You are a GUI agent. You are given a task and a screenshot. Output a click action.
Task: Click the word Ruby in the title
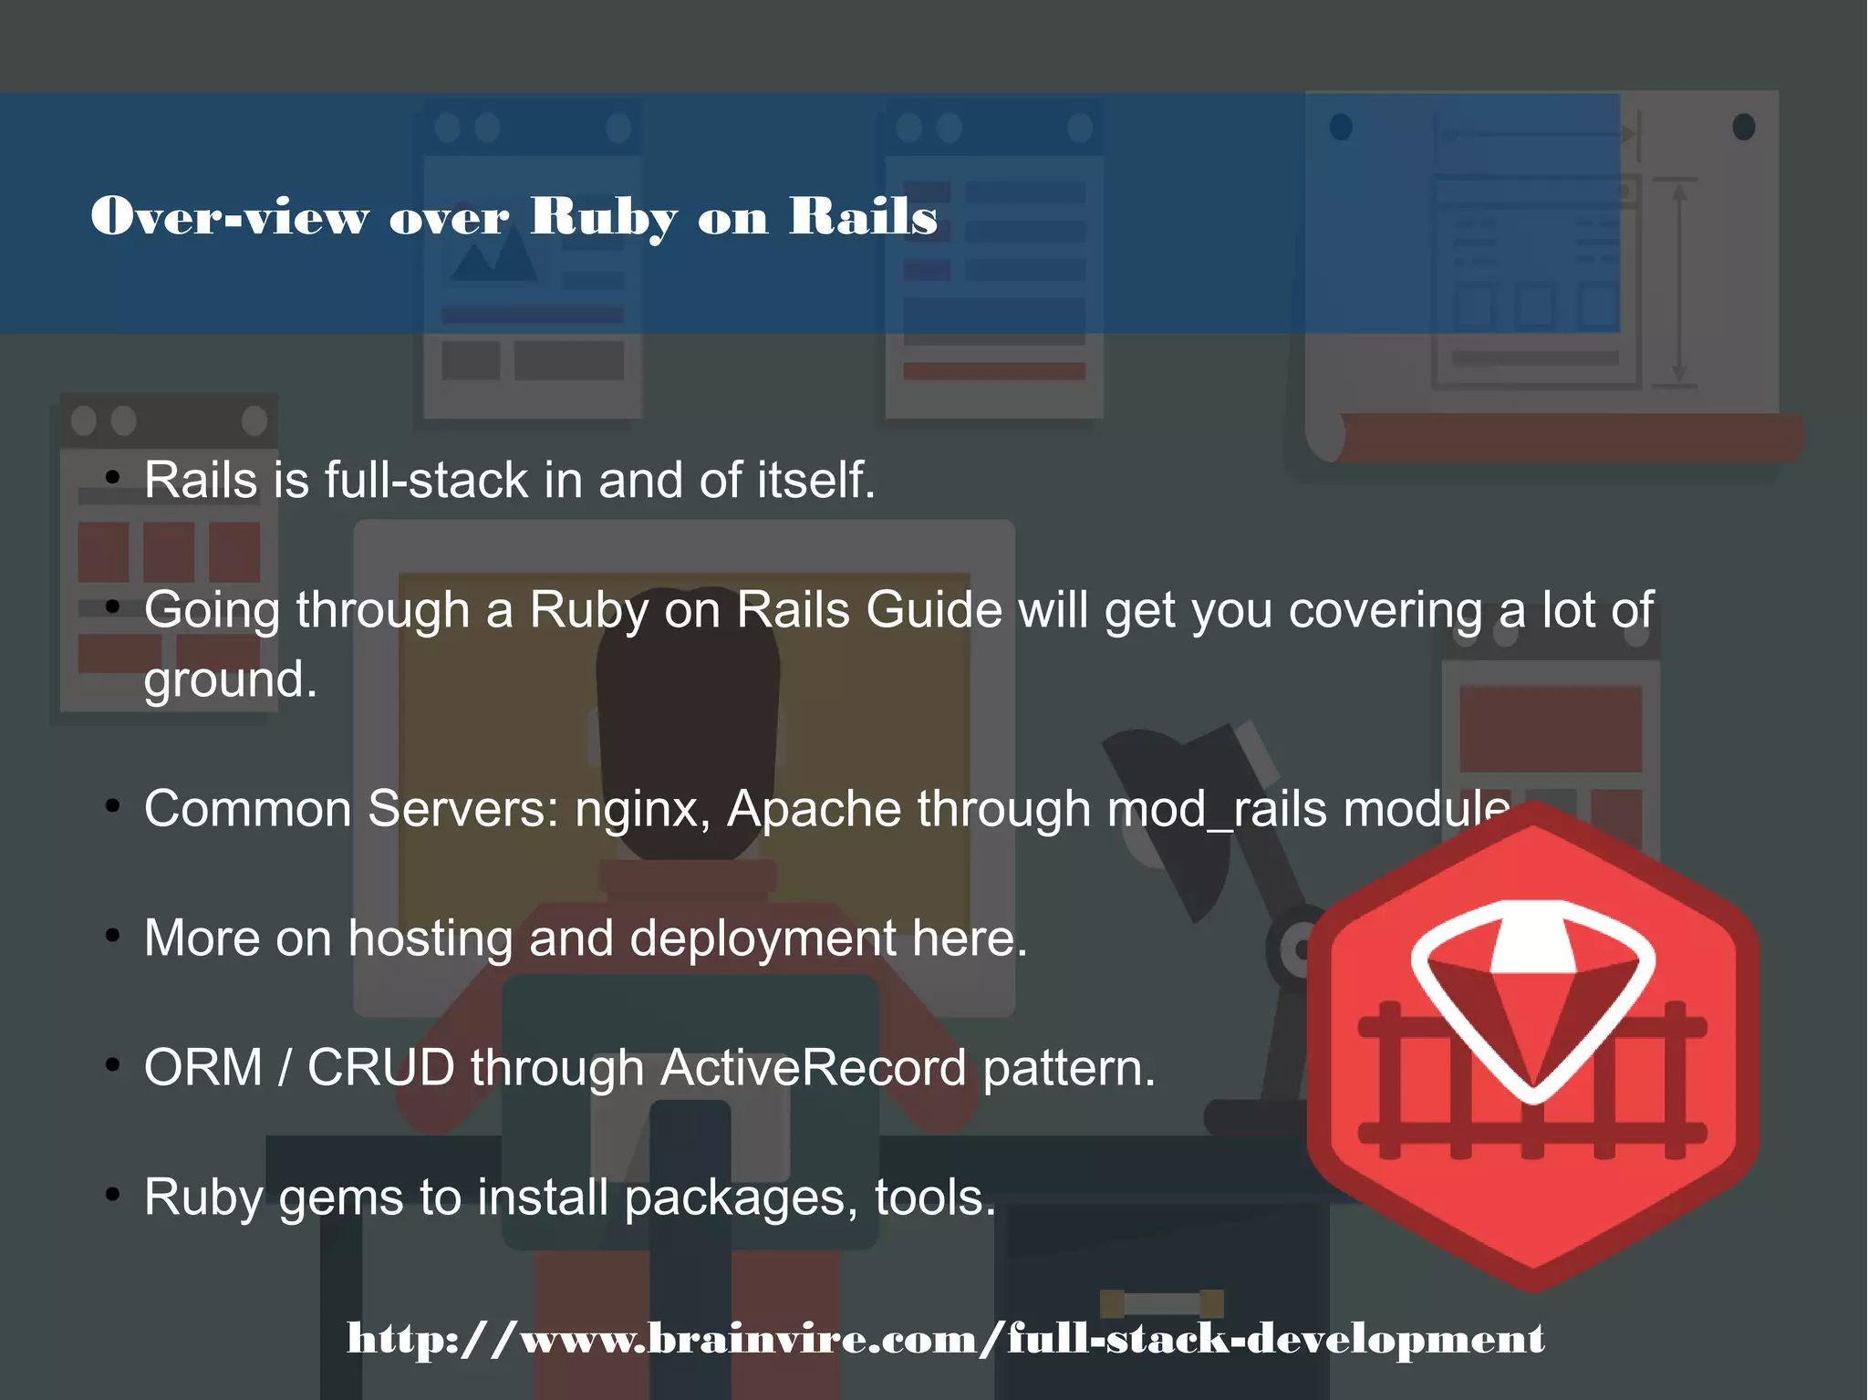coord(604,217)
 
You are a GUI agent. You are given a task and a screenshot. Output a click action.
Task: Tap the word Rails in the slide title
coord(863,216)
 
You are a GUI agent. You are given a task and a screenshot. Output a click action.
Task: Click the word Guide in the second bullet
coord(933,609)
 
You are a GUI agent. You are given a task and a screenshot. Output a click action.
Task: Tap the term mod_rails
coord(1216,809)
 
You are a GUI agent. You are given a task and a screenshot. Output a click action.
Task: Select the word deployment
coord(763,939)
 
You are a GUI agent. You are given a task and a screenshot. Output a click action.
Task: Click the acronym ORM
coord(202,1068)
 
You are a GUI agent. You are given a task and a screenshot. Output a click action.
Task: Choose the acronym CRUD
coord(380,1068)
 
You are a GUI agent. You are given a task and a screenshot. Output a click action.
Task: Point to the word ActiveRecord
coord(813,1068)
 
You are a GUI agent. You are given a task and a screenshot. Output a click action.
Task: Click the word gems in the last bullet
coord(340,1198)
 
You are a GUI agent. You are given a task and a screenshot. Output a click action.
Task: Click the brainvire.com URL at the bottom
coord(945,1338)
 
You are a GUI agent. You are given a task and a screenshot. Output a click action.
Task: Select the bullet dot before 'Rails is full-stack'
coord(112,477)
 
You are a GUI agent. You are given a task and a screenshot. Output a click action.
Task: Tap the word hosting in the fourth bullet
coord(431,939)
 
